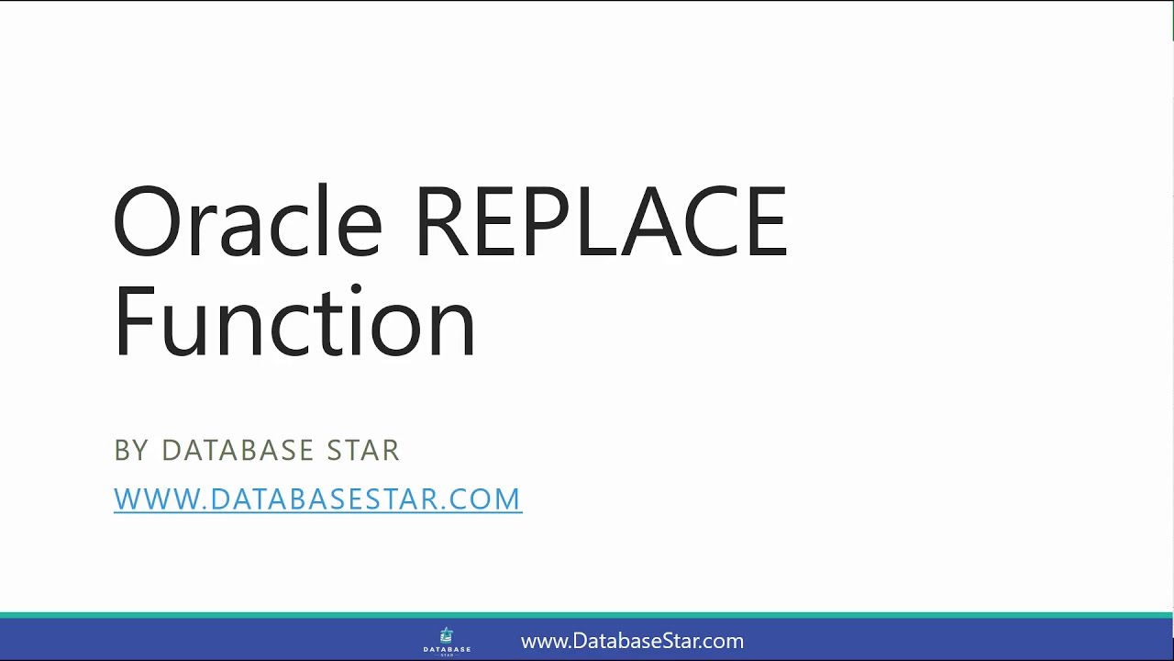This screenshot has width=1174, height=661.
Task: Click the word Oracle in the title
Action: [246, 223]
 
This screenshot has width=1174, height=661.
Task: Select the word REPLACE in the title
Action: [601, 223]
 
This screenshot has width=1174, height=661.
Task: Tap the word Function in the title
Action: [294, 322]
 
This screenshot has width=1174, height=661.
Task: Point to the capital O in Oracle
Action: [146, 223]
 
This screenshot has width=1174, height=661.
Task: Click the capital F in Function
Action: [134, 322]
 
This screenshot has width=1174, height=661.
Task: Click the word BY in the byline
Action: [131, 451]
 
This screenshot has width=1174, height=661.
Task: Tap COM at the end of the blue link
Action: [489, 499]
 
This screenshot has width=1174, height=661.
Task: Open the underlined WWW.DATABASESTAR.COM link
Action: [317, 499]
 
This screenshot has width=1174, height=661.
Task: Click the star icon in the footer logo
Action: [447, 634]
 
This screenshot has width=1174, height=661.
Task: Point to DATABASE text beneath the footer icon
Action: [447, 649]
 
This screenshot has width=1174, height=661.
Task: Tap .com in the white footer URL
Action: [724, 642]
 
